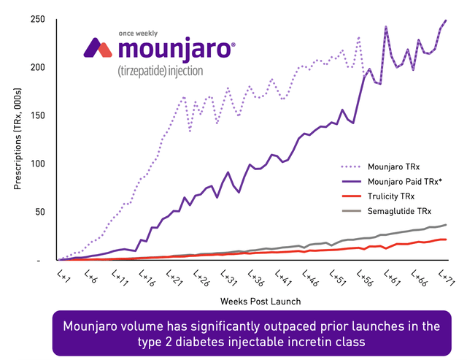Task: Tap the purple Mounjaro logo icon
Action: [x=98, y=48]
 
